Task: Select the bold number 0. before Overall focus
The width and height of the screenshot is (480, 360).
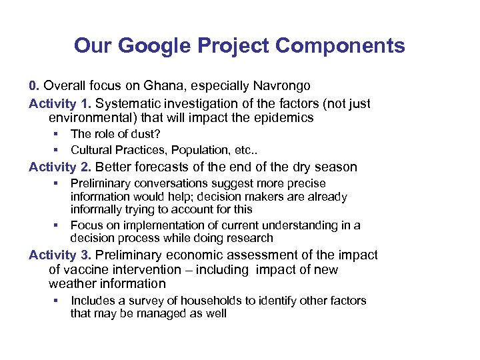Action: click(x=35, y=86)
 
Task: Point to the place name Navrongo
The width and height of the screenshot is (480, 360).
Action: click(x=281, y=86)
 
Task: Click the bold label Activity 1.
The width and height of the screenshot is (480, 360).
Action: click(x=61, y=103)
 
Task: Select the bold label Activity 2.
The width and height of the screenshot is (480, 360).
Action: click(x=61, y=167)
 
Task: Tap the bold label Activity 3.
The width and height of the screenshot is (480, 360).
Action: click(x=61, y=255)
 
